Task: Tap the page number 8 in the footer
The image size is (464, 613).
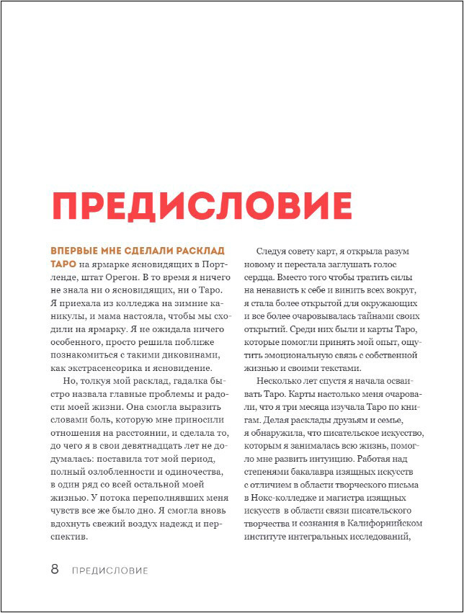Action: [x=55, y=570]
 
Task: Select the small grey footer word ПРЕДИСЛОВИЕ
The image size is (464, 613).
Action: [x=110, y=571]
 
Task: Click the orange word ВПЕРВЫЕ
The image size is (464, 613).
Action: [x=73, y=251]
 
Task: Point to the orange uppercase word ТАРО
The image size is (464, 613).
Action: [x=63, y=264]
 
